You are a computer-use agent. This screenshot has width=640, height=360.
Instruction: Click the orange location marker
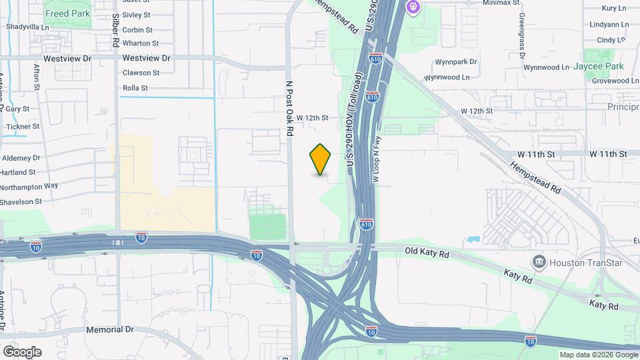pos(321,159)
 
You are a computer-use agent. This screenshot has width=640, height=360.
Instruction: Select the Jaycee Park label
pos(601,67)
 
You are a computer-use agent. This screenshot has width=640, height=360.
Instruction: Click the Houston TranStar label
pos(586,263)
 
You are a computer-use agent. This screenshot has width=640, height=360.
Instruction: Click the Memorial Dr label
pos(110,329)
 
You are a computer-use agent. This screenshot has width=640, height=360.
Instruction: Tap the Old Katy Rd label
pos(428,251)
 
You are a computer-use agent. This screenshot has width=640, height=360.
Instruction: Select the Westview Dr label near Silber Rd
pos(147,58)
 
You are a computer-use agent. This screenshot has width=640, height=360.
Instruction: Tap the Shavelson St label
pos(21,201)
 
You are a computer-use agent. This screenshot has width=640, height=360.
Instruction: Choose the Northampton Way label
pos(29,187)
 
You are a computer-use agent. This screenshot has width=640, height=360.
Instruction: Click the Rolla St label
pos(135,87)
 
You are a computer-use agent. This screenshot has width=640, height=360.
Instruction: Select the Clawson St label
pos(141,73)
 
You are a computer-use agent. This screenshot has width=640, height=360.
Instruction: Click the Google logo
pos(22,351)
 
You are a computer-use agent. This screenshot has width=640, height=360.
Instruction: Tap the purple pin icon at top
pos(413,8)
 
